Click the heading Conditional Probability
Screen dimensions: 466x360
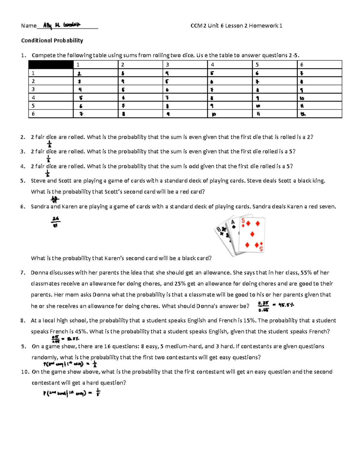(52, 41)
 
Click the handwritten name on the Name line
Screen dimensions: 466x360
(61, 26)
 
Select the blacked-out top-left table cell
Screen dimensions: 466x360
(51, 65)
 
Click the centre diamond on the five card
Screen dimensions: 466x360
(252, 234)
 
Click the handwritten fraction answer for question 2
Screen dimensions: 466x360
(49, 144)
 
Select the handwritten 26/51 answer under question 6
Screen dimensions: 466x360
(55, 222)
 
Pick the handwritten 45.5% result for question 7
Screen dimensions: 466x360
(286, 305)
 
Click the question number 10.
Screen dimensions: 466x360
(25, 372)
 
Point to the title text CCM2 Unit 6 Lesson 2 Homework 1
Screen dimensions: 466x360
(236, 26)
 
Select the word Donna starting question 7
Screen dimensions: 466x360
(39, 273)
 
